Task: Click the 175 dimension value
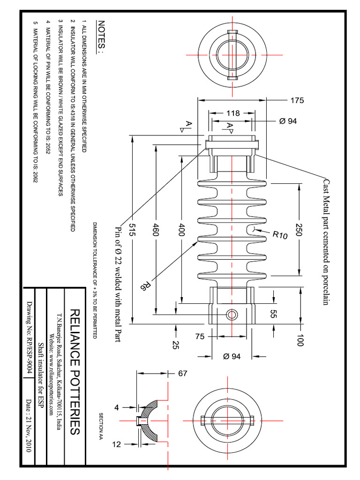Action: coord(297,100)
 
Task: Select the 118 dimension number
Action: coord(232,113)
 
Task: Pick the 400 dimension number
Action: coord(182,230)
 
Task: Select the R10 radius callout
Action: coord(280,235)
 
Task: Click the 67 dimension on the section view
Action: coord(182,374)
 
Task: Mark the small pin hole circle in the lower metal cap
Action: coord(231,314)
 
